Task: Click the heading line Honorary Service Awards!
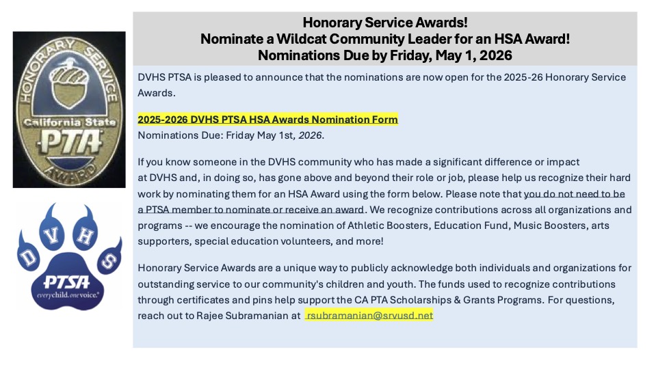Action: point(384,23)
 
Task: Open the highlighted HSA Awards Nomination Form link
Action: point(267,120)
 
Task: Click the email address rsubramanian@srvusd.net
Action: point(369,316)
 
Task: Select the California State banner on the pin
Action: point(68,122)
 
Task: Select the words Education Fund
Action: point(440,225)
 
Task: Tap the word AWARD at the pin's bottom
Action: point(69,169)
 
